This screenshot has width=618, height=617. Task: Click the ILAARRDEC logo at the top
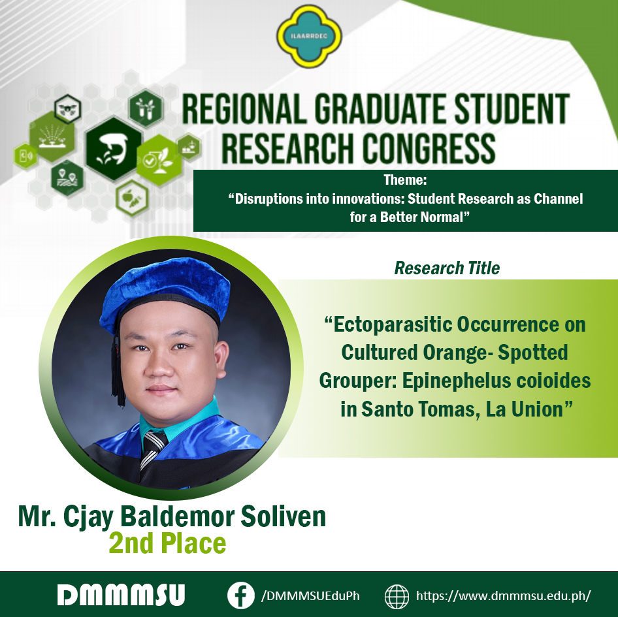tap(309, 36)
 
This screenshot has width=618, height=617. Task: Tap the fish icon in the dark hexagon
tap(114, 149)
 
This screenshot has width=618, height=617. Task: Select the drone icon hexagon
tap(68, 109)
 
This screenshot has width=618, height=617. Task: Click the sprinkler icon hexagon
tap(52, 136)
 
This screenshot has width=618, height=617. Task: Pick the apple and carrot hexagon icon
tap(132, 197)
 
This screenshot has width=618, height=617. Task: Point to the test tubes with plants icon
tap(146, 108)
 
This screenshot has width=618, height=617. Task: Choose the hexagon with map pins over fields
tap(67, 178)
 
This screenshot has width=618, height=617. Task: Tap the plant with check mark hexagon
tap(159, 160)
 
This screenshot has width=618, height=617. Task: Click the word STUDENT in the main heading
tap(512, 109)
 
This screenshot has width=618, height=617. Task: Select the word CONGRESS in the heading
tap(429, 148)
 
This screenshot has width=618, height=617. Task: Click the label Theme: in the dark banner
tap(405, 180)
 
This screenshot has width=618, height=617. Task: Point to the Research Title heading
tap(447, 268)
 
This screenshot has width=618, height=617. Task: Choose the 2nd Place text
tap(167, 543)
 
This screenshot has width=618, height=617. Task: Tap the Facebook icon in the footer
tap(241, 595)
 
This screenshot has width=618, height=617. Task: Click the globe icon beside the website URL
tap(397, 597)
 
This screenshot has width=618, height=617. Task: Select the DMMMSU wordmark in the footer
tap(121, 595)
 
